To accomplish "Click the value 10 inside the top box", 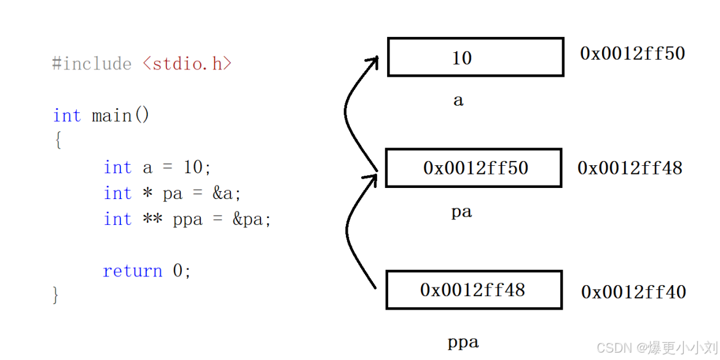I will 462,58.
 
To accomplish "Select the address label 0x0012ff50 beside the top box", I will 632,53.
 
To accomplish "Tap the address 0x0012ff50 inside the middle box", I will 475,168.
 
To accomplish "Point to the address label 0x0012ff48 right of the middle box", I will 630,168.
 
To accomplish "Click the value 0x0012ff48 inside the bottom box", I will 472,289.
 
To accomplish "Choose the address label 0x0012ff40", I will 633,291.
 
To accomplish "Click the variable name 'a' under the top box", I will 458,101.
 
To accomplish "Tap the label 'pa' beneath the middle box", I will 461,212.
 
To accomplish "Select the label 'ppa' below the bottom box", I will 463,342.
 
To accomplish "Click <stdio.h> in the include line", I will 187,64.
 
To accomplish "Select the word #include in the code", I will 92,64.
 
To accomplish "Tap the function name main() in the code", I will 120,115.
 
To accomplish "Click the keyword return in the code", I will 133,271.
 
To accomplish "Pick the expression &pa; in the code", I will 251,219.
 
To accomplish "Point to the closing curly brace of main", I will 56,295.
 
